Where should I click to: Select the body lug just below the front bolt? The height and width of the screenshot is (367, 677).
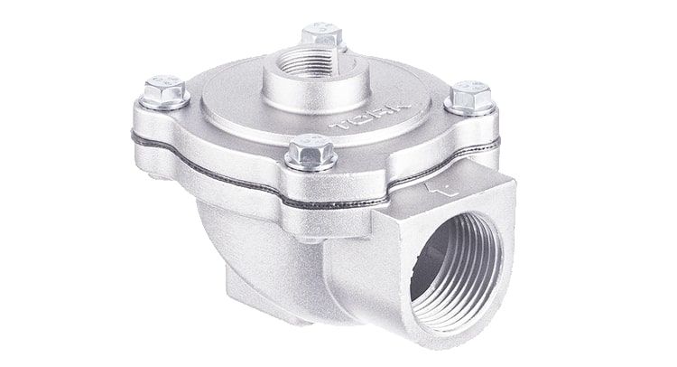[311, 217]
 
